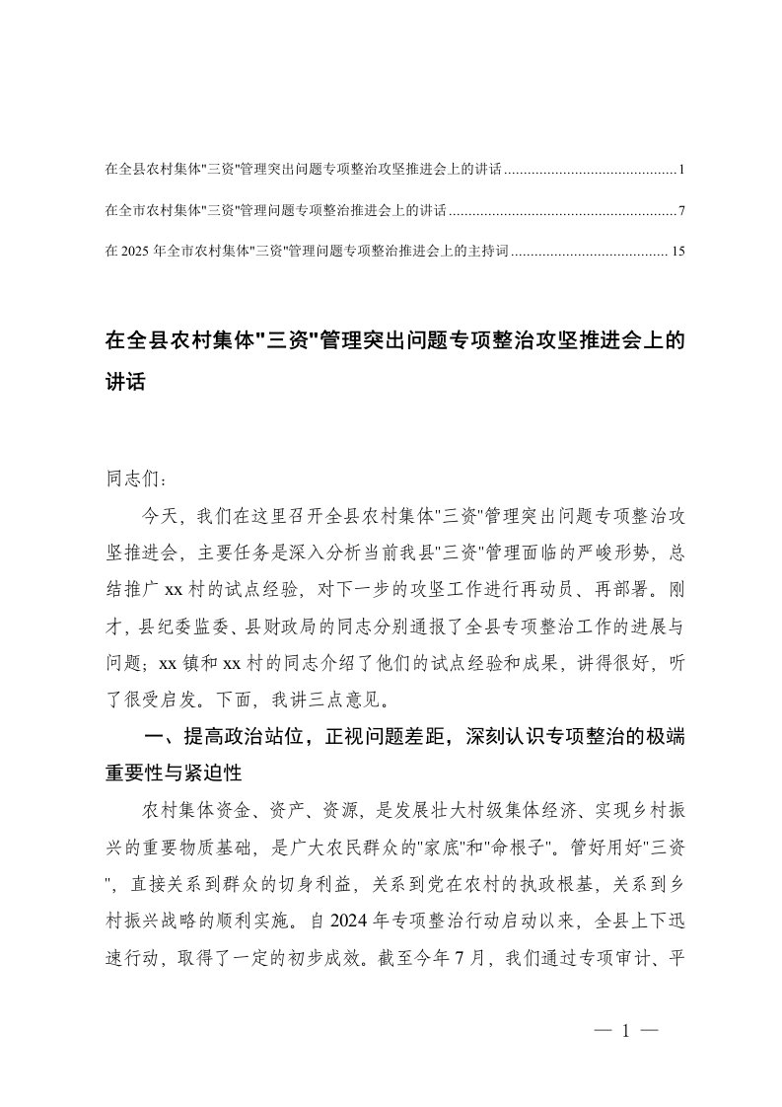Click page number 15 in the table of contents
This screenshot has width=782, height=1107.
coord(676,252)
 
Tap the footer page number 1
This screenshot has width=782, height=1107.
coord(624,1032)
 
